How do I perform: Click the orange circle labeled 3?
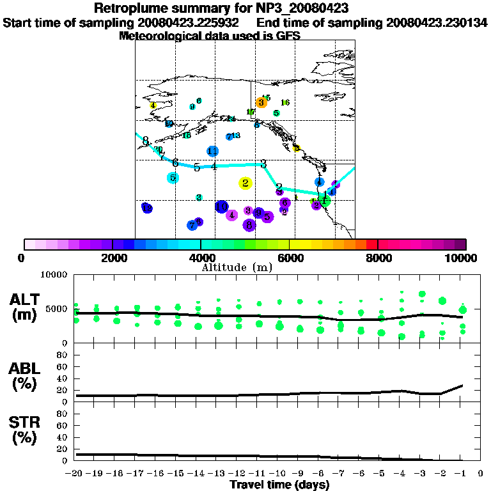[x=261, y=102]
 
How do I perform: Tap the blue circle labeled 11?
[x=213, y=151]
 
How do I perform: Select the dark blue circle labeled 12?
[x=146, y=208]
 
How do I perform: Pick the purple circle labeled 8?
[x=249, y=225]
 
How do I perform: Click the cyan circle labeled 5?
[x=173, y=178]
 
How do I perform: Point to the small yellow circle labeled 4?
[x=153, y=105]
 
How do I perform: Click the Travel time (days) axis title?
[x=280, y=485]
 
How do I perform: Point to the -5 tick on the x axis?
[x=380, y=474]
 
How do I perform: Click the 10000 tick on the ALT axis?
[x=55, y=275]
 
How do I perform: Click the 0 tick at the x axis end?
[x=481, y=474]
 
